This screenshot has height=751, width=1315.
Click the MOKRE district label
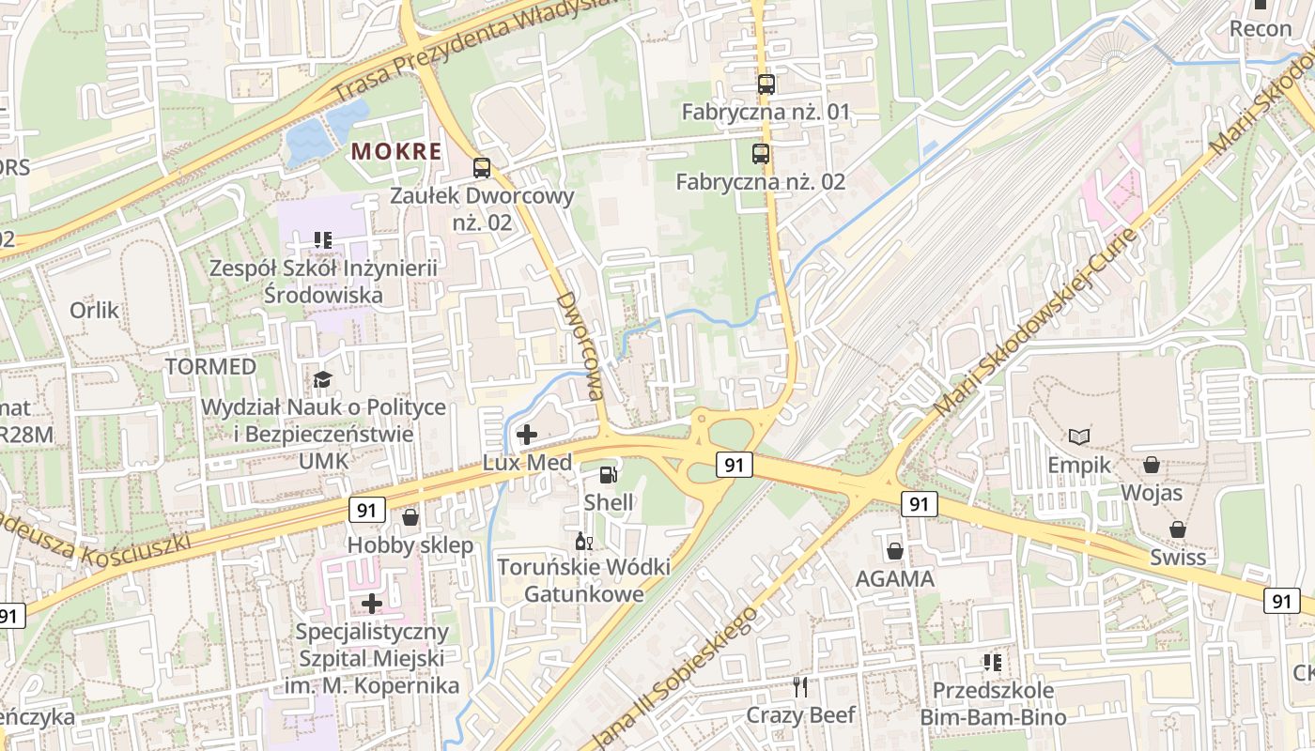pyautogui.click(x=395, y=151)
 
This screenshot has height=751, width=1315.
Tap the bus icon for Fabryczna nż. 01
pyautogui.click(x=766, y=84)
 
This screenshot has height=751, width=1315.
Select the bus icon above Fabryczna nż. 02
pyautogui.click(x=760, y=154)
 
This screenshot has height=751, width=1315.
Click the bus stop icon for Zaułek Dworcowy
pyautogui.click(x=481, y=168)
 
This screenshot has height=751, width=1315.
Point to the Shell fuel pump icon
pyautogui.click(x=608, y=475)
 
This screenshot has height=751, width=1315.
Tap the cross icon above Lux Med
pyautogui.click(x=527, y=435)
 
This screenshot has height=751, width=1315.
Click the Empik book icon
pyautogui.click(x=1079, y=437)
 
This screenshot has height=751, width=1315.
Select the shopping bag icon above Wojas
pyautogui.click(x=1151, y=465)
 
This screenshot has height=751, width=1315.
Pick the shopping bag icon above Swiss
pyautogui.click(x=1178, y=529)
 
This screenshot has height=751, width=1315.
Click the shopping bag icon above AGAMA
pyautogui.click(x=894, y=551)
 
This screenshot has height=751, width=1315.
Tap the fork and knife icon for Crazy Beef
pyautogui.click(x=800, y=687)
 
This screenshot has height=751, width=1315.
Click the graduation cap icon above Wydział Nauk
pyautogui.click(x=322, y=379)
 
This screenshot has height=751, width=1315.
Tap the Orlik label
pyautogui.click(x=94, y=310)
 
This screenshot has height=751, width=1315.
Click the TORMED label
pyautogui.click(x=210, y=366)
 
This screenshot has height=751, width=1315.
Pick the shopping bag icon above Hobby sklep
pyautogui.click(x=410, y=517)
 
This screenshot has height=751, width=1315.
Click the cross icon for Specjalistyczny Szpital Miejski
pyautogui.click(x=372, y=603)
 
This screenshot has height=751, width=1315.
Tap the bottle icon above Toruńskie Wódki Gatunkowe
pyautogui.click(x=582, y=541)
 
